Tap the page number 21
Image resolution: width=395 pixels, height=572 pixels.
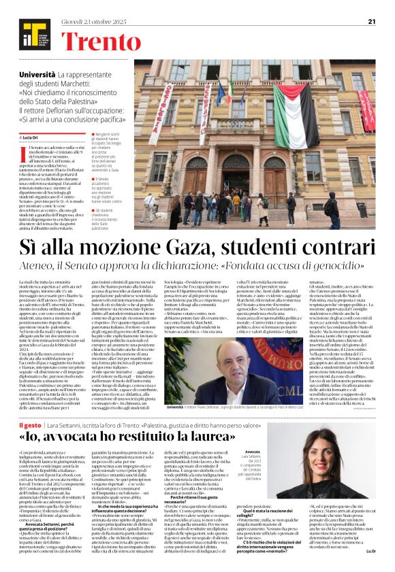[371, 21]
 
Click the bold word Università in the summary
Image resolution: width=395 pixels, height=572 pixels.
[37, 72]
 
